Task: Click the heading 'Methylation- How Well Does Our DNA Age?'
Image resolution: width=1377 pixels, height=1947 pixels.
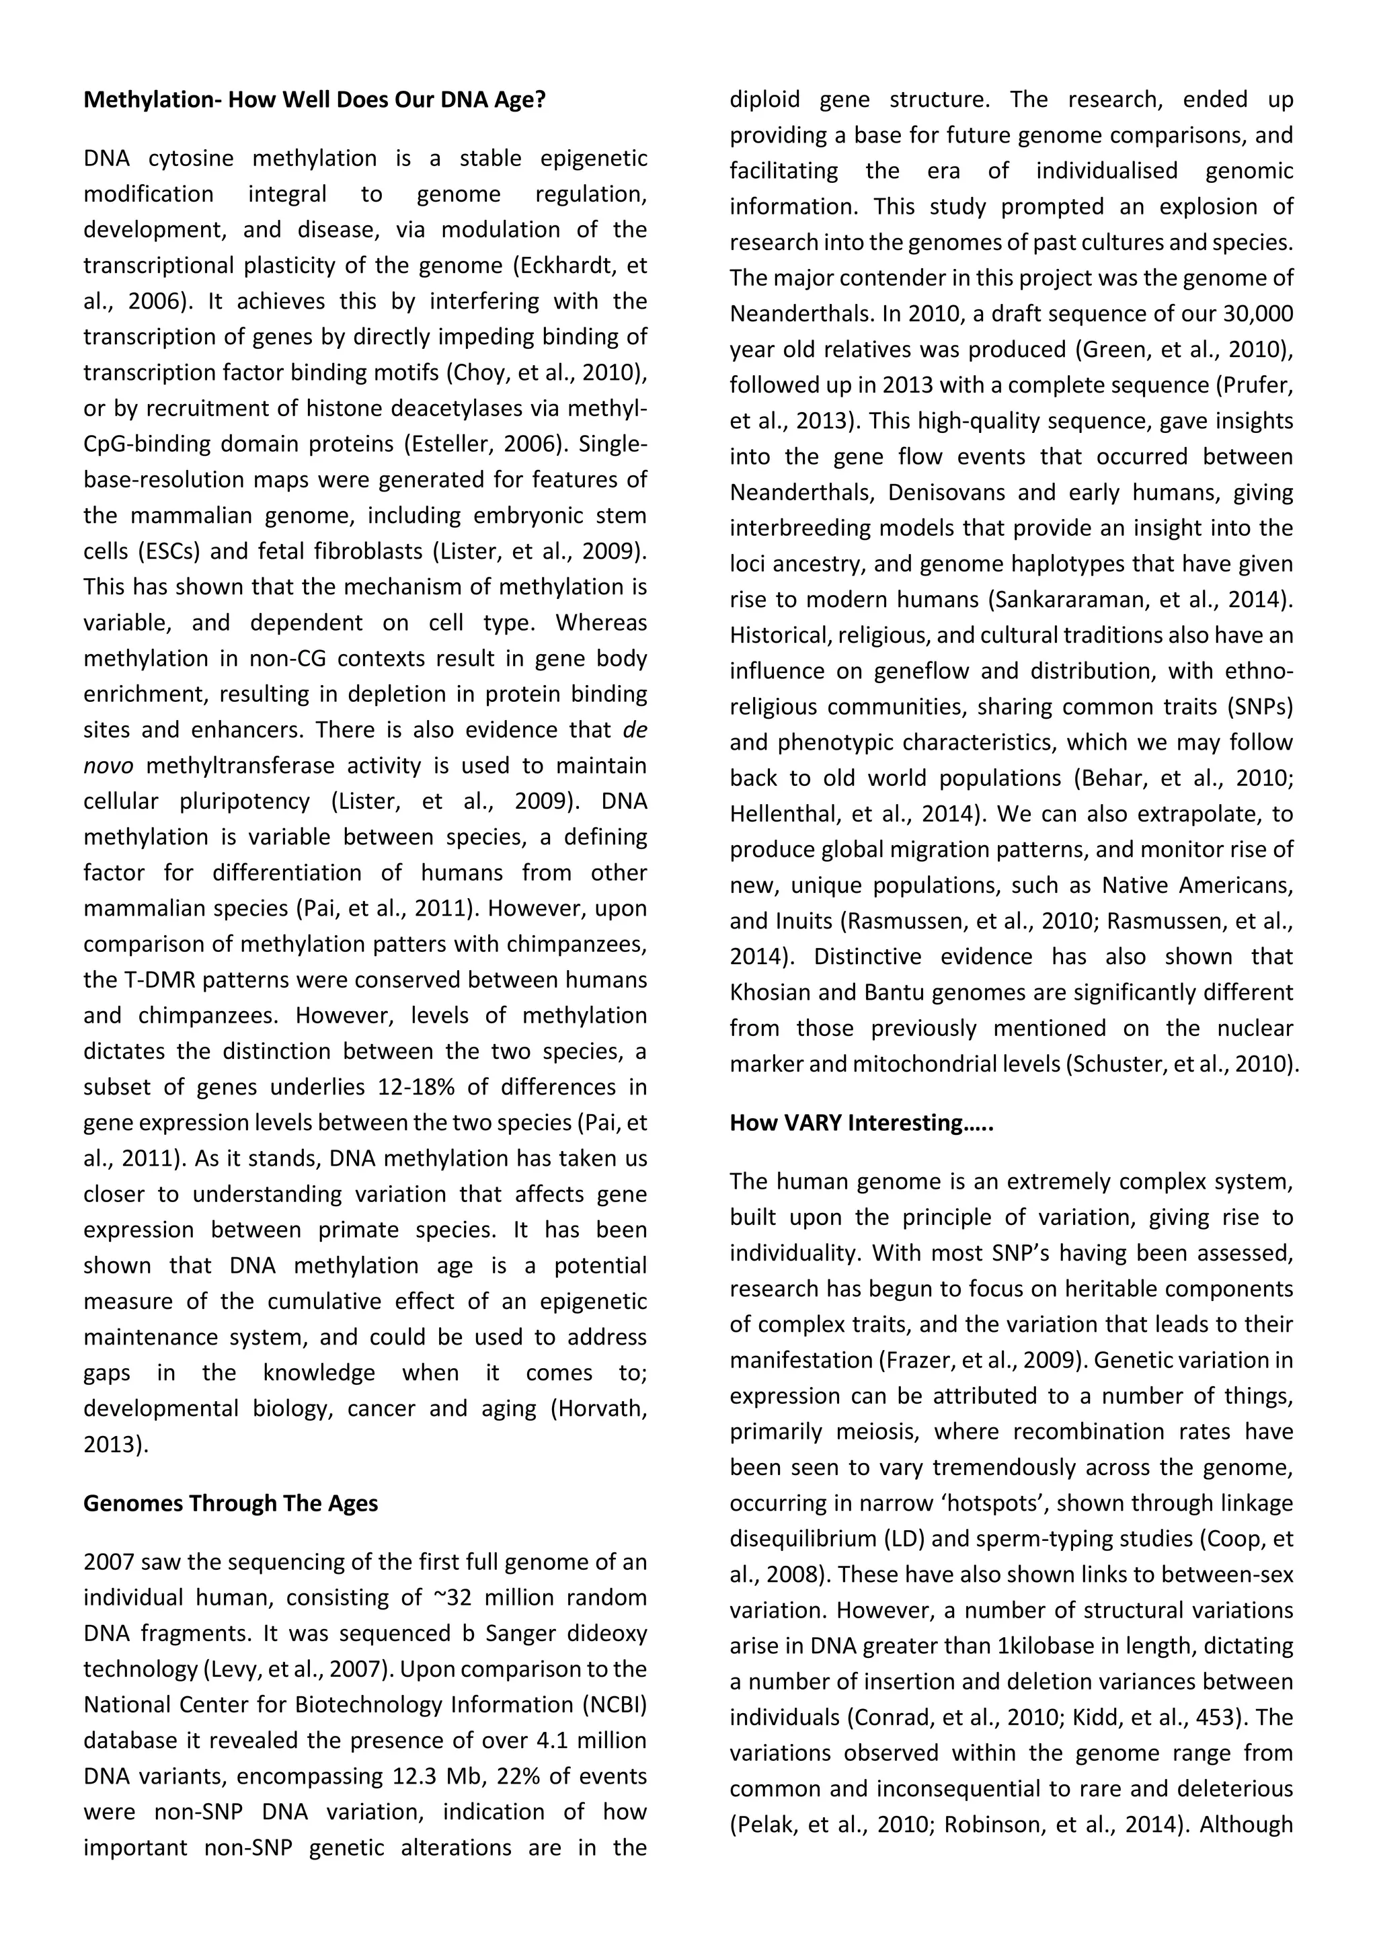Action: click(315, 100)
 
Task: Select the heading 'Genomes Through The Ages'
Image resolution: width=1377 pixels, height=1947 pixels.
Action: click(231, 1503)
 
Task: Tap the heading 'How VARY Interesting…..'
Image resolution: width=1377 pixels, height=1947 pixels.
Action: click(861, 1123)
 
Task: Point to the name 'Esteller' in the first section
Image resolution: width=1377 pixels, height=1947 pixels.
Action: click(451, 444)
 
